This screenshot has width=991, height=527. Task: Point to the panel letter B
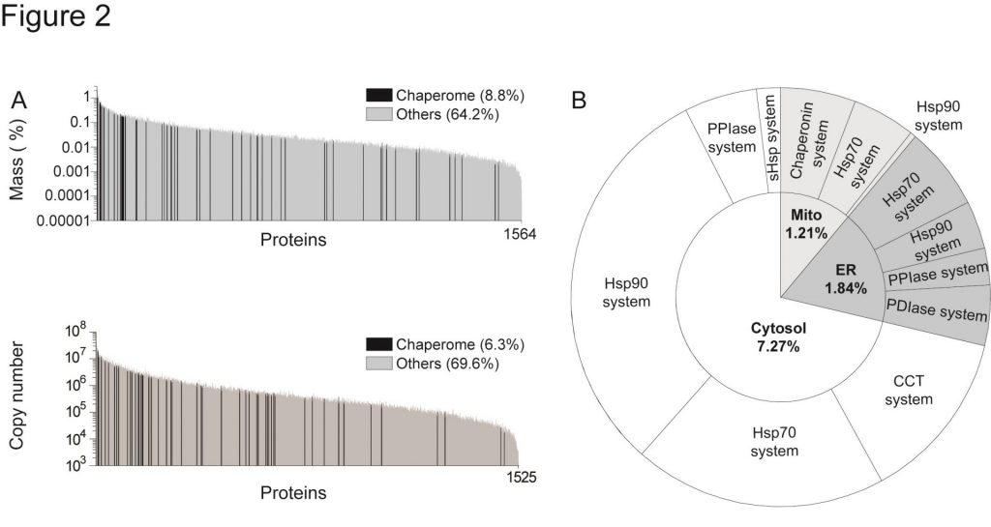579,100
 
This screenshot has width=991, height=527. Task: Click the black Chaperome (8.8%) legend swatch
379,95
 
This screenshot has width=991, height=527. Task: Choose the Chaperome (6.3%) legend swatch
379,344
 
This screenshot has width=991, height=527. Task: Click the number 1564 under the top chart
519,235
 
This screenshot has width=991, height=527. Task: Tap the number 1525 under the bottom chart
519,477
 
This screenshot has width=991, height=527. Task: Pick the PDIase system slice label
935,308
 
